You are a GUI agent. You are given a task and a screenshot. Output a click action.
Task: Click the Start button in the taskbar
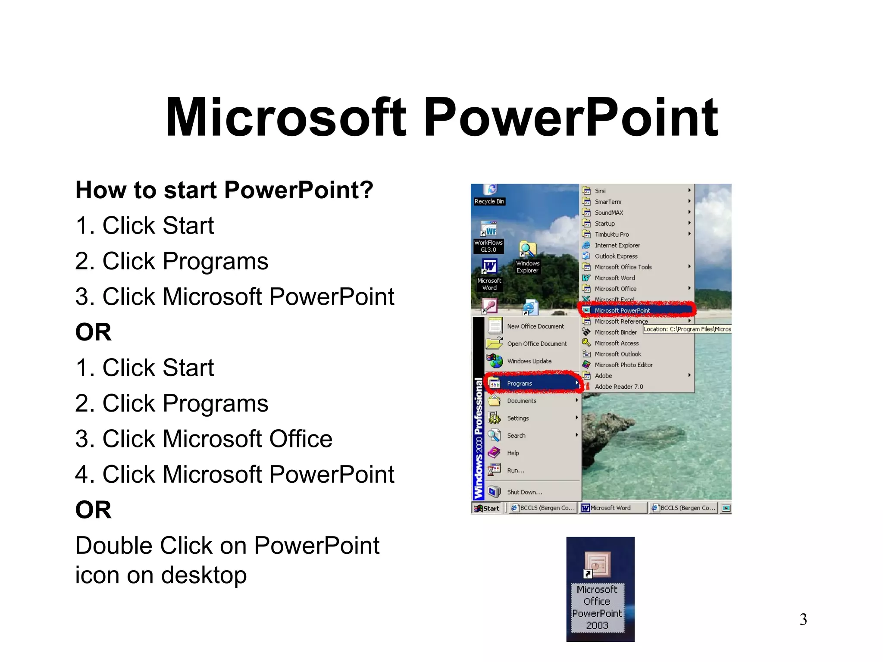point(487,508)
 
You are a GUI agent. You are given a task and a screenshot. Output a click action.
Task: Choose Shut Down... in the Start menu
point(524,492)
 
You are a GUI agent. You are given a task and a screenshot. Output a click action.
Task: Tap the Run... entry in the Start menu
point(515,470)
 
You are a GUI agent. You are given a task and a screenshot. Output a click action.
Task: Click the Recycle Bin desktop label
point(489,201)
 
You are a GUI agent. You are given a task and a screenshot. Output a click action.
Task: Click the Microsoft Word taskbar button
point(612,508)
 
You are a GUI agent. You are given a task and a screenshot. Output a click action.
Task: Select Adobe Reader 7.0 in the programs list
point(618,387)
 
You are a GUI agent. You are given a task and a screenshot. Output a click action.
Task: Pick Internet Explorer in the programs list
point(617,245)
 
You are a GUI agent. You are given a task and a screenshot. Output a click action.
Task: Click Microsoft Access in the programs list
point(617,343)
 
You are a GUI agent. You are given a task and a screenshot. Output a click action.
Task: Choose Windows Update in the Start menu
point(529,361)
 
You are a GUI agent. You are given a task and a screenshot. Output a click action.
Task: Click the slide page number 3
point(803,619)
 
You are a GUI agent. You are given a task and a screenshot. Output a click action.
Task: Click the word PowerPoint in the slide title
point(571,117)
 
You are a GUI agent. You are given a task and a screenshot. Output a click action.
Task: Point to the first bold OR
point(93,332)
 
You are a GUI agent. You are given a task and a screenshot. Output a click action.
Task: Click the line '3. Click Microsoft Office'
point(204,439)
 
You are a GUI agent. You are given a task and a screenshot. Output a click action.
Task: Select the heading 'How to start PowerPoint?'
point(224,190)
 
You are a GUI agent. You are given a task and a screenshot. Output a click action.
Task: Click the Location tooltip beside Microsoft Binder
point(687,329)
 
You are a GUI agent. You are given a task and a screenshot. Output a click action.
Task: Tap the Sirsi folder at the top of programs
point(600,191)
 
